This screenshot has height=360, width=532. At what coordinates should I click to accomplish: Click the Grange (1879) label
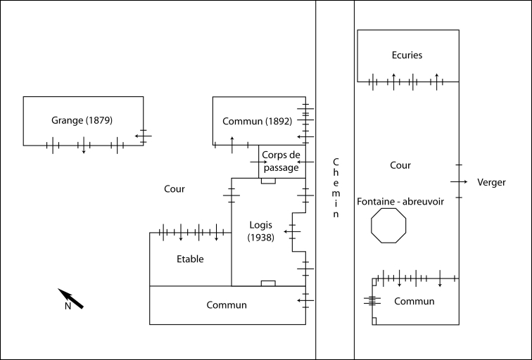[82, 120]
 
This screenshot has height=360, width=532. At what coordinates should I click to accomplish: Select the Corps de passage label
[280, 161]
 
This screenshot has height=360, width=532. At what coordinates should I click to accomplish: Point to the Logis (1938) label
[260, 231]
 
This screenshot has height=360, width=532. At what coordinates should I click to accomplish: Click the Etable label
[190, 259]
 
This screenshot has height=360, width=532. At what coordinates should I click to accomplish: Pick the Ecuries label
[407, 55]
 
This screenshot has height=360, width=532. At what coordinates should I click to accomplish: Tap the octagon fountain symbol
[389, 225]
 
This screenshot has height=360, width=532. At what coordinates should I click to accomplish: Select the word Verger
[491, 182]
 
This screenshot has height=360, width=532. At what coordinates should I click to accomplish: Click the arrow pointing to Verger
[459, 182]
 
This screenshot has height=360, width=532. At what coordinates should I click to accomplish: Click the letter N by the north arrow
[68, 307]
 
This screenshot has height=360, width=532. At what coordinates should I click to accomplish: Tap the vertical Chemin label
[335, 188]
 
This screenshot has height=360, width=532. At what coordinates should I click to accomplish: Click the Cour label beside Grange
[174, 188]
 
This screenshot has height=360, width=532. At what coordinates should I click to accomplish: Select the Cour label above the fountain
[400, 165]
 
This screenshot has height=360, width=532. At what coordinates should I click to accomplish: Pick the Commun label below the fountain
[414, 302]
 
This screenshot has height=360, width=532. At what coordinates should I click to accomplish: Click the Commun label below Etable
[227, 305]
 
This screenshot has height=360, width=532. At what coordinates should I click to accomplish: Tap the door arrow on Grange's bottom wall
[84, 146]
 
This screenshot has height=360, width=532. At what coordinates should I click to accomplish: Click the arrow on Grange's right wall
[143, 134]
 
